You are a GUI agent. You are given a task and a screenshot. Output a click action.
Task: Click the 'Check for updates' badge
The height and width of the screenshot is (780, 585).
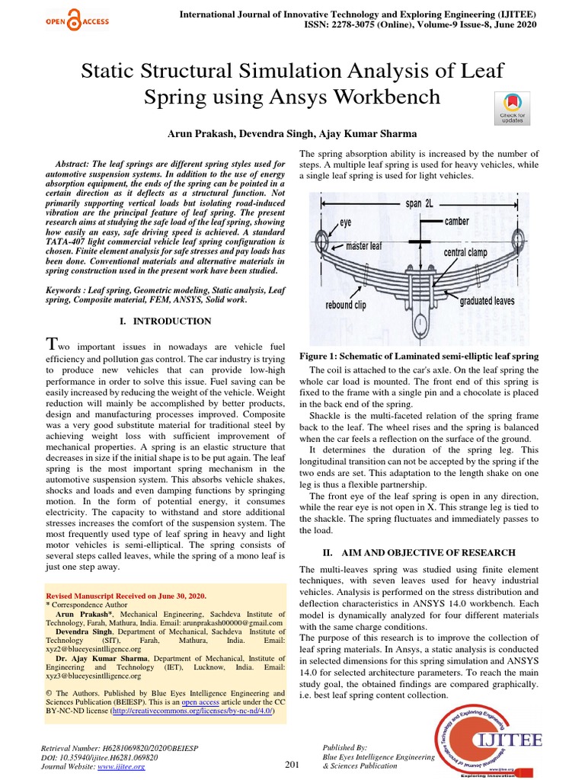511,108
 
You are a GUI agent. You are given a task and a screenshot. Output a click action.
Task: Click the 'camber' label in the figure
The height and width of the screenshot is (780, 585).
457,221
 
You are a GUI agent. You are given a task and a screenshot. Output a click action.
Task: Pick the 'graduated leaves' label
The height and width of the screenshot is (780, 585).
487,301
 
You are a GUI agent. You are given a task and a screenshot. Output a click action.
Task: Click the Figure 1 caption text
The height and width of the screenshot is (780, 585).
419,356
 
